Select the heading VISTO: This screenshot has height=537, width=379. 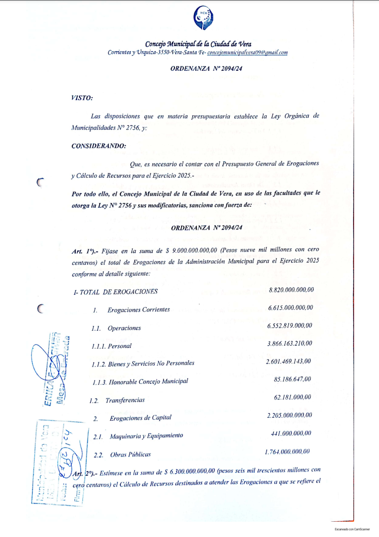click(81, 98)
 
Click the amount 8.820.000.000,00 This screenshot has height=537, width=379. click(291, 290)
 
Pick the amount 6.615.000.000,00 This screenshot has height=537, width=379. click(290, 308)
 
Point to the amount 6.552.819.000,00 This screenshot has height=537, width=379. click(290, 326)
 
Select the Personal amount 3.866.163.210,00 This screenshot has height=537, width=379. click(289, 344)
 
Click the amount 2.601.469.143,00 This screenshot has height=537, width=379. click(288, 361)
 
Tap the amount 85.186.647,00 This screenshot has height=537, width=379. click(292, 380)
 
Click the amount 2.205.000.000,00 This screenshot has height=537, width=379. click(289, 415)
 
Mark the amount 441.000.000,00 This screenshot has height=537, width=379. click(291, 433)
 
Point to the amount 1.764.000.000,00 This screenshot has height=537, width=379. click(287, 451)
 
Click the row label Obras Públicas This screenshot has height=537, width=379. click(130, 454)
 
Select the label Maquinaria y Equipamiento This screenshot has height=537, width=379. click(146, 436)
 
